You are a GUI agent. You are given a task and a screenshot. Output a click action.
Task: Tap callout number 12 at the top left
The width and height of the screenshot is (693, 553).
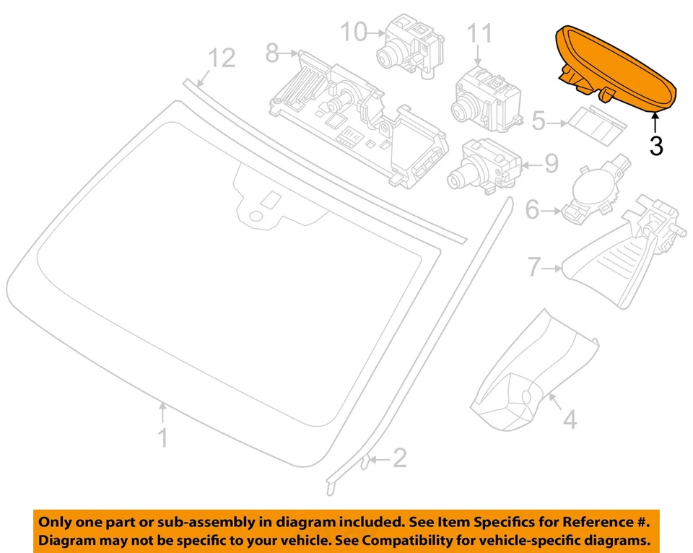click(x=222, y=58)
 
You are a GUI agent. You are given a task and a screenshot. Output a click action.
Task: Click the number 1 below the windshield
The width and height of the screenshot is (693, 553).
click(x=164, y=437)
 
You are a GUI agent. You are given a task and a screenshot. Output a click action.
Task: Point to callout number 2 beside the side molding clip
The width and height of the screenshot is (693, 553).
click(x=399, y=457)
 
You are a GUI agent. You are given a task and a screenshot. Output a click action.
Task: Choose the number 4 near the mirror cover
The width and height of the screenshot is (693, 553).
click(x=570, y=419)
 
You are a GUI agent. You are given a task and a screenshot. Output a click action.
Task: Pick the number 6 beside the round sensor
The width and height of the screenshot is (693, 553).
click(x=532, y=211)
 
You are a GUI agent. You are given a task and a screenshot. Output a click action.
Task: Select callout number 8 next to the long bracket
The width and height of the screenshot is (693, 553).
click(x=272, y=53)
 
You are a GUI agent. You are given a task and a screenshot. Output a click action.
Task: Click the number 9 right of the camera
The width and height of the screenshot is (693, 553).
click(x=551, y=165)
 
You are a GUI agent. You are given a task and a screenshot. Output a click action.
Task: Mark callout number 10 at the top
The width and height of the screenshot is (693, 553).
click(x=354, y=32)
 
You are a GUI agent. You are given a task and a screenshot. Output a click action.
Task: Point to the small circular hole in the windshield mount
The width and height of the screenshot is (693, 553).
click(x=254, y=215)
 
